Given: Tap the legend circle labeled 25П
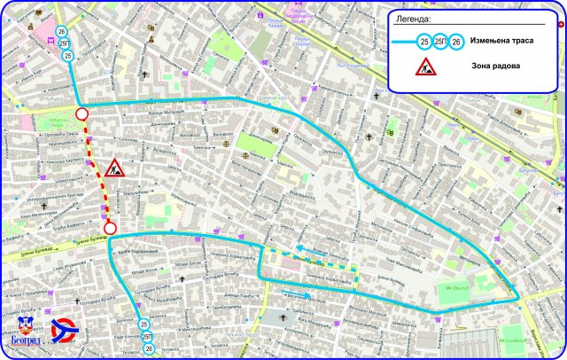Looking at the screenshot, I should click(440, 42).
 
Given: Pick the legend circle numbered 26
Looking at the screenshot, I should click(455, 42).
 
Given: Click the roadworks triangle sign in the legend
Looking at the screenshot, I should click(426, 67).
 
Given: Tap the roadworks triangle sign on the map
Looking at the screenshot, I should click(114, 168).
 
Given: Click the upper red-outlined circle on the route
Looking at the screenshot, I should click(82, 114).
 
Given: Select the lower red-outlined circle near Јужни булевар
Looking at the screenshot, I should click(110, 228).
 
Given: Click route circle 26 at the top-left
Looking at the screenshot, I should click(61, 32).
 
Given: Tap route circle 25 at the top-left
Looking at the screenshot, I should click(67, 56).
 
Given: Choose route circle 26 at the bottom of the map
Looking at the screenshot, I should click(149, 349).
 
